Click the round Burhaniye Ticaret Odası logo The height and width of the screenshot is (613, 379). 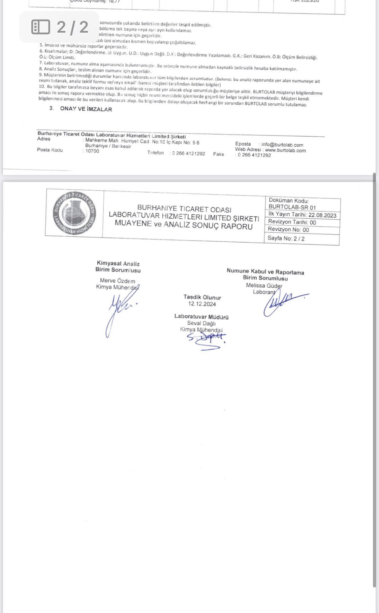74,213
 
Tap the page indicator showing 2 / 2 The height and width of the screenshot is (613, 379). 59,27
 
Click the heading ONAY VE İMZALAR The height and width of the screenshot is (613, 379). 86,109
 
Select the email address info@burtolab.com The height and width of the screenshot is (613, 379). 282,145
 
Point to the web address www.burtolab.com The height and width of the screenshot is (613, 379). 285,150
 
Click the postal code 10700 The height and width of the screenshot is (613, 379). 92,151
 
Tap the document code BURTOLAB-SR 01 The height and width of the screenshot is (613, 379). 292,208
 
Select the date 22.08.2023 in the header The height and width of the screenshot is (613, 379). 322,215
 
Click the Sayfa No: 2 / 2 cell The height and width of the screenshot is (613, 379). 286,239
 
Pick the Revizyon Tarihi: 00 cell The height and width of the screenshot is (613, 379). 292,222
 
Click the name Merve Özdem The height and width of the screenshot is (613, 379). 118,281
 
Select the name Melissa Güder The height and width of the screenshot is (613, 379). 264,285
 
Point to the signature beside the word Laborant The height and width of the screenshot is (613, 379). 285,301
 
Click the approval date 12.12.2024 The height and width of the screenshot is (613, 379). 202,304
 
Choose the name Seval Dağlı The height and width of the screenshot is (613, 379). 201,323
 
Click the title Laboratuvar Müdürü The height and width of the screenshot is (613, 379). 201,317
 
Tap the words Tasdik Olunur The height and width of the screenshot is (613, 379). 202,297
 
